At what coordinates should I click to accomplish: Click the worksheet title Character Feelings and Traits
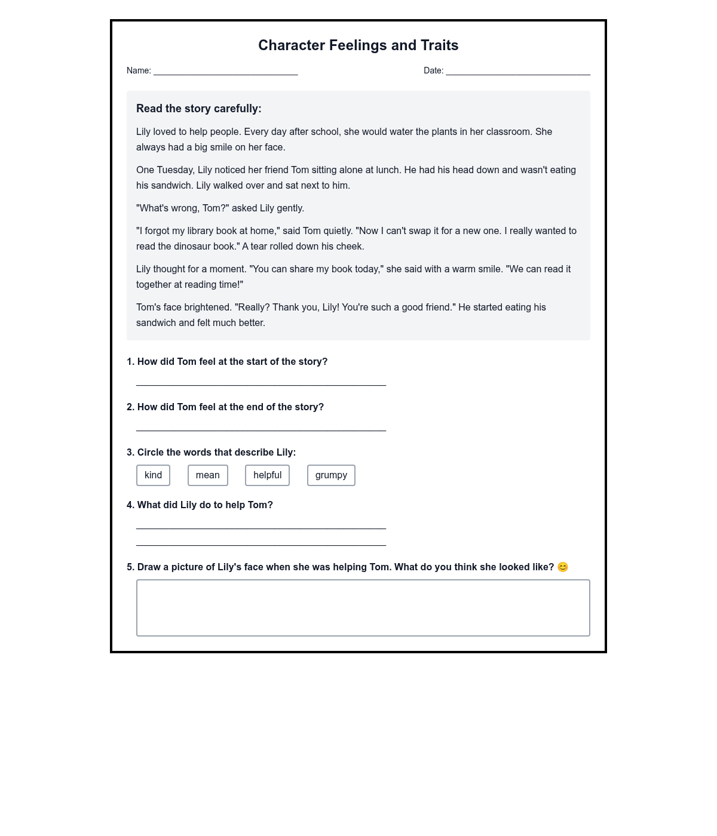[358, 45]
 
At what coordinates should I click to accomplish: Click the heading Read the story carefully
[198, 109]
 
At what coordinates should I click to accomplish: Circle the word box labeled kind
[153, 475]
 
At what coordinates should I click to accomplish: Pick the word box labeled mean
[207, 475]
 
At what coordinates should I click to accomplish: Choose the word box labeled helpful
[267, 475]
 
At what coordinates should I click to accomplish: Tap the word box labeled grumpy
[331, 475]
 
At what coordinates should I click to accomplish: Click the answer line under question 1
[261, 383]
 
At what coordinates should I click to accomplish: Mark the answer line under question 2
[261, 429]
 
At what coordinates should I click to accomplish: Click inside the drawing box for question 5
[363, 608]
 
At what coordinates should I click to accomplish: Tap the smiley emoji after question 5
[562, 567]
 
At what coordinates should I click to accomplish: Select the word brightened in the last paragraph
[207, 308]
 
